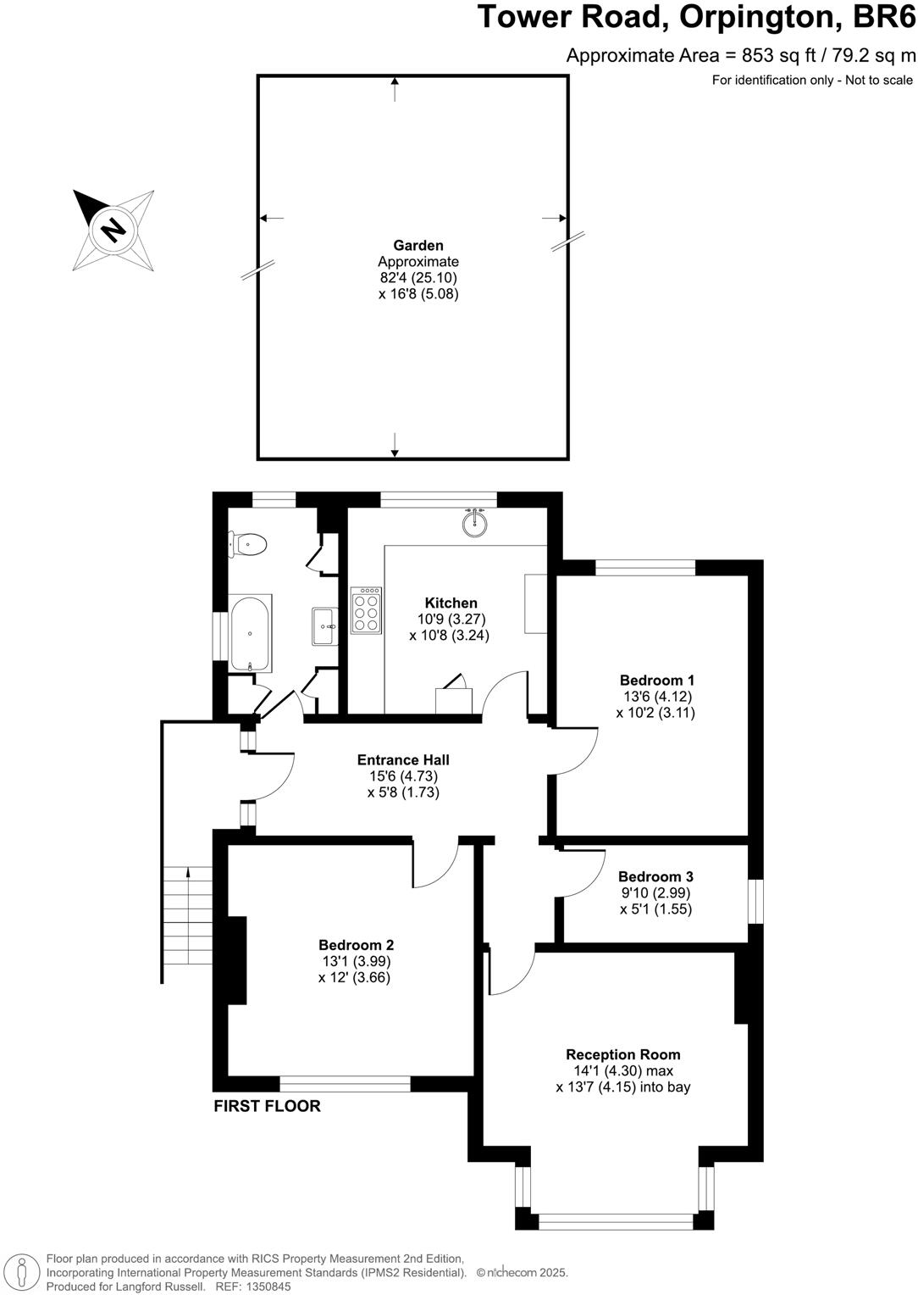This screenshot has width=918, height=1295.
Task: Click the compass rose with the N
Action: coord(113,229)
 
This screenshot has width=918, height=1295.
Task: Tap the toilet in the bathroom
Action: coord(247,544)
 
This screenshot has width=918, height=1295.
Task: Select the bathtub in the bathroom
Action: coord(250,632)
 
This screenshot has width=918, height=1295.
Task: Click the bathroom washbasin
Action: coord(324,626)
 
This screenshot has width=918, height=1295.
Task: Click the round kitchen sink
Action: coord(475,524)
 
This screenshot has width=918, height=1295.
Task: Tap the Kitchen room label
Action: coord(451,603)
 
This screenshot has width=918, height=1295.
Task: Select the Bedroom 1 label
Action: coord(656,680)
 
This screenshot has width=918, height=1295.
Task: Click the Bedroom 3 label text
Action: coord(655,876)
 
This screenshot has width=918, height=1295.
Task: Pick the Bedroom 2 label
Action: coord(356,945)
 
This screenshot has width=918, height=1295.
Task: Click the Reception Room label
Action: coord(622,1054)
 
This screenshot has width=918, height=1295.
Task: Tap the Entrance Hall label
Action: coord(403,760)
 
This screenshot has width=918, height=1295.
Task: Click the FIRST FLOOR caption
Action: coord(267,1106)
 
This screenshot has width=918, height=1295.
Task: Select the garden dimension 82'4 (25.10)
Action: coord(418,278)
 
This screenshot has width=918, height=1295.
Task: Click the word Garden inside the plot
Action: coord(418,246)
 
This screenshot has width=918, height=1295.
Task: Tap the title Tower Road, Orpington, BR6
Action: coord(696,17)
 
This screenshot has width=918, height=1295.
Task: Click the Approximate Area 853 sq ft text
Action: coord(740,56)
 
